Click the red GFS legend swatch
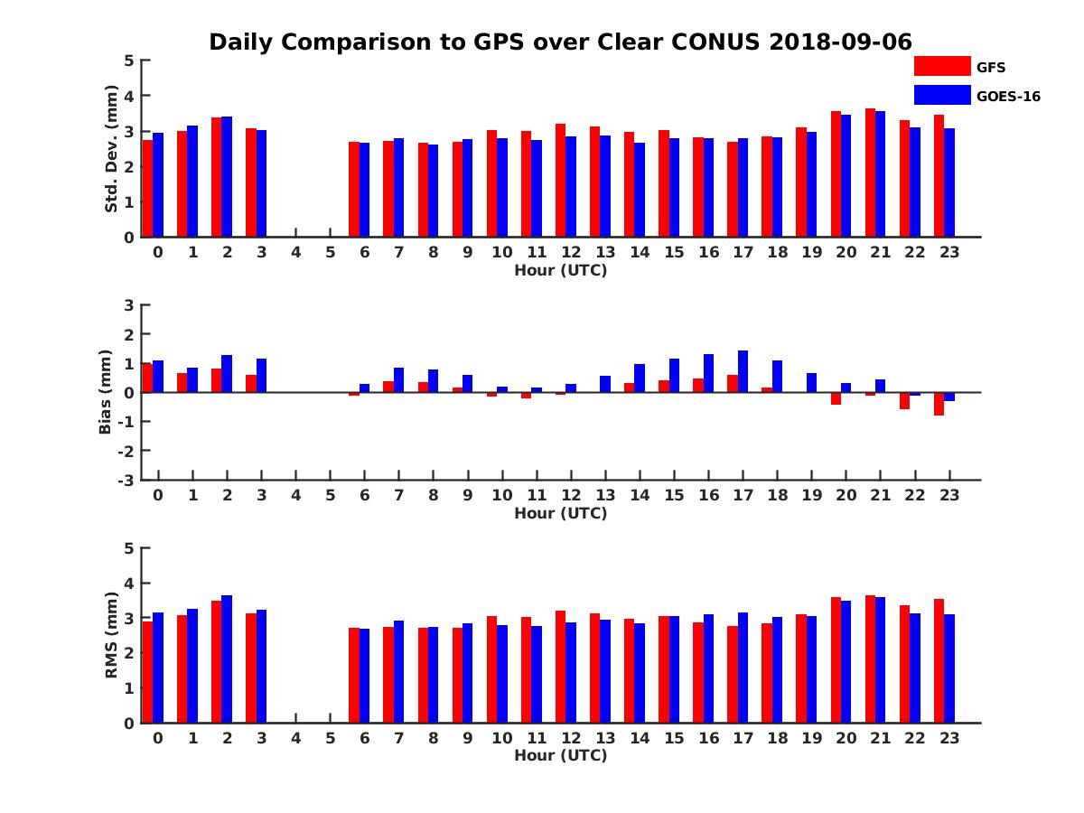pos(942,66)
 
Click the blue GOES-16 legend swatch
pos(942,95)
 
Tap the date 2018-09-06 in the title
pos(841,42)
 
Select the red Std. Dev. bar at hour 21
pos(870,173)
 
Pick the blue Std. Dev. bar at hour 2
pos(227,177)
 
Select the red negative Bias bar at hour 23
pos(939,404)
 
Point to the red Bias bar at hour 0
pos(147,378)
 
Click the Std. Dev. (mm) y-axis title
pos(112,149)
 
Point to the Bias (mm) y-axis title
pos(106,392)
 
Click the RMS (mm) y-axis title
pos(112,635)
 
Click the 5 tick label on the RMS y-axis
pos(129,548)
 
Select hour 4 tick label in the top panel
pos(295,252)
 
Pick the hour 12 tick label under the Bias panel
pos(571,495)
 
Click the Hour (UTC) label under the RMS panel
pos(560,755)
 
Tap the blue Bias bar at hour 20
pos(846,388)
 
